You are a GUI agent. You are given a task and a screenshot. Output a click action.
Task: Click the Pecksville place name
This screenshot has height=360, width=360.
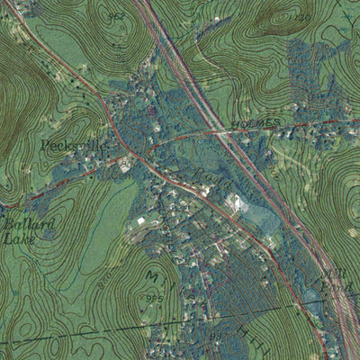coord(66,145)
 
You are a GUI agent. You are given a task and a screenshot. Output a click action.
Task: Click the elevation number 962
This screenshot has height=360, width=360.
coord(116,16)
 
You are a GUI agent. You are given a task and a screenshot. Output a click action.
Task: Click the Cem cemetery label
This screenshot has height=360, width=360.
coord(117,176)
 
